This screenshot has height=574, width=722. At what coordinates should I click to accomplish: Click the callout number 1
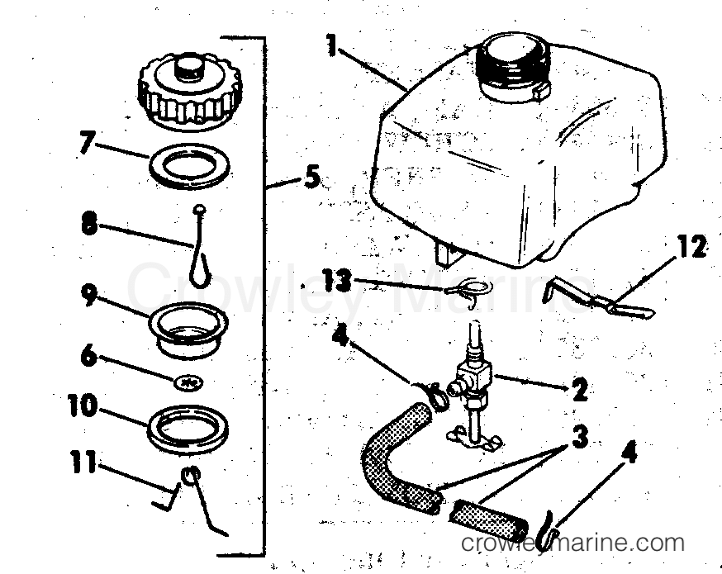coord(332,45)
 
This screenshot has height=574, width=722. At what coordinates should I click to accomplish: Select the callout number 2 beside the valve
coord(580,389)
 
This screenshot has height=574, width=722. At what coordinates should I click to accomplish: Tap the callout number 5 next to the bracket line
coord(311,177)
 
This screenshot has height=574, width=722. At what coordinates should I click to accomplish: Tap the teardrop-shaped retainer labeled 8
coord(201,252)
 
